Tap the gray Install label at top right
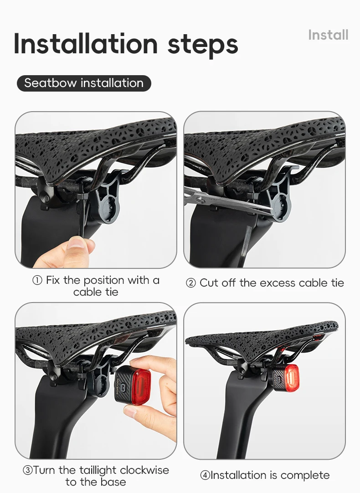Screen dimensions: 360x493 [x=328, y=35]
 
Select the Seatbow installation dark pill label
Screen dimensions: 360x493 [x=84, y=83]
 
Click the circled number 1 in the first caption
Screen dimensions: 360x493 [x=37, y=281]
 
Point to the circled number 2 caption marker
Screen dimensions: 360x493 [x=190, y=283]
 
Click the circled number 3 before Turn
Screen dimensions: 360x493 [x=28, y=471]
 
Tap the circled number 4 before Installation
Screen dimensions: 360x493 [x=205, y=475]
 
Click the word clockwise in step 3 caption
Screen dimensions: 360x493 [x=144, y=470]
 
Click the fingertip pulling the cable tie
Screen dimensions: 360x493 [x=77, y=243]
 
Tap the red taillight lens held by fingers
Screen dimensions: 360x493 [x=142, y=385]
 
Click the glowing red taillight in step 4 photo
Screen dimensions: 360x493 [x=290, y=377]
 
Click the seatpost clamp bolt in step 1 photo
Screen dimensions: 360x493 [x=46, y=198]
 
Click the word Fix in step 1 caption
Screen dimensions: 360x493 [x=53, y=280]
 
